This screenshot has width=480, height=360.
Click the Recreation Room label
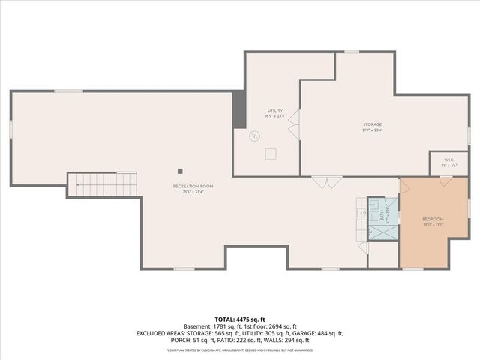pyautogui.click(x=193, y=185)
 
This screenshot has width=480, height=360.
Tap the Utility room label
pyautogui.click(x=274, y=110)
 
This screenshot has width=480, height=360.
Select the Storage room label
pyautogui.click(x=372, y=124)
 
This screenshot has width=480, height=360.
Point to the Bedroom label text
pyautogui.click(x=433, y=219)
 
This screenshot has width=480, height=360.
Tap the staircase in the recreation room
pyautogui.click(x=103, y=184)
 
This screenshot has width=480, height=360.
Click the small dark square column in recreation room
pyautogui.click(x=179, y=169)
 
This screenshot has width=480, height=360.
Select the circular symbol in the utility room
pyautogui.click(x=255, y=136)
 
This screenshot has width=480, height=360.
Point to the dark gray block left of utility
pyautogui.click(x=239, y=110)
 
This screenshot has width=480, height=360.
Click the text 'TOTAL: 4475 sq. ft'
pyautogui.click(x=239, y=319)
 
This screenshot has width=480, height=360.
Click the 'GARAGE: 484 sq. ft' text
pyautogui.click(x=322, y=332)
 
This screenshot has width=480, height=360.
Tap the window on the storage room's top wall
pyautogui.click(x=351, y=52)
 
